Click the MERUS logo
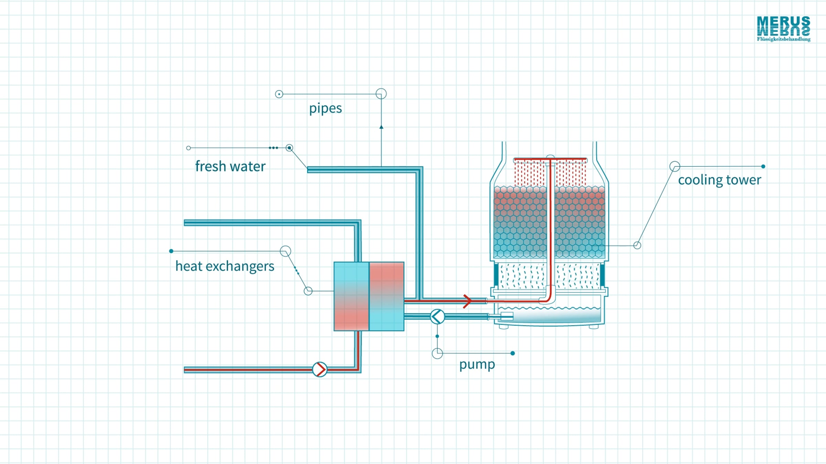[x=784, y=29]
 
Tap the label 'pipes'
[x=325, y=109]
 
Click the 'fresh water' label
[x=230, y=166]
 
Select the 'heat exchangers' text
[x=225, y=266]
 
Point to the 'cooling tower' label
[x=719, y=180]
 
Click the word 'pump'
[x=477, y=365]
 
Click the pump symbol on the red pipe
[x=320, y=369]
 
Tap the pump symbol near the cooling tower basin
[x=437, y=317]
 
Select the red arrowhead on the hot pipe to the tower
[x=467, y=301]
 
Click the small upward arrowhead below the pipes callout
[x=381, y=127]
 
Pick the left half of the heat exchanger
[x=351, y=296]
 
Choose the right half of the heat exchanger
[x=386, y=296]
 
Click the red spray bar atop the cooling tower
[x=550, y=159]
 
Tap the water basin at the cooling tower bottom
[x=549, y=315]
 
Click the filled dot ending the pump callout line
[x=513, y=353]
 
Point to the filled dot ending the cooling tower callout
[x=763, y=166]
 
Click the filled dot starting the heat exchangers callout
[x=171, y=251]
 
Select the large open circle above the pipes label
[x=381, y=94]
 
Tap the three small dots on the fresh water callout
[x=273, y=148]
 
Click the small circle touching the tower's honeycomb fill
[x=637, y=245]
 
